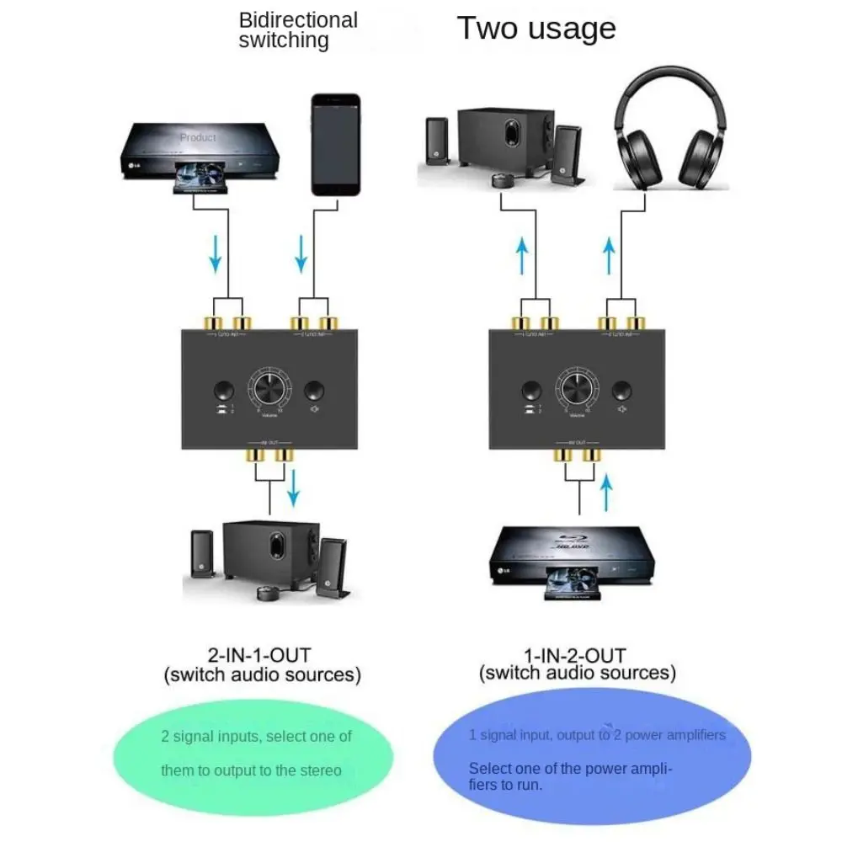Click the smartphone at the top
point(335,144)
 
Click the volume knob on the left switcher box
point(269,390)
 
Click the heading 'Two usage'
point(536,28)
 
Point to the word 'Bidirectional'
point(298,20)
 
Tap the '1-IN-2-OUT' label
point(577,653)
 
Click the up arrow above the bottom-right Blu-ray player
point(608,493)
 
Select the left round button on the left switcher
point(223,391)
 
